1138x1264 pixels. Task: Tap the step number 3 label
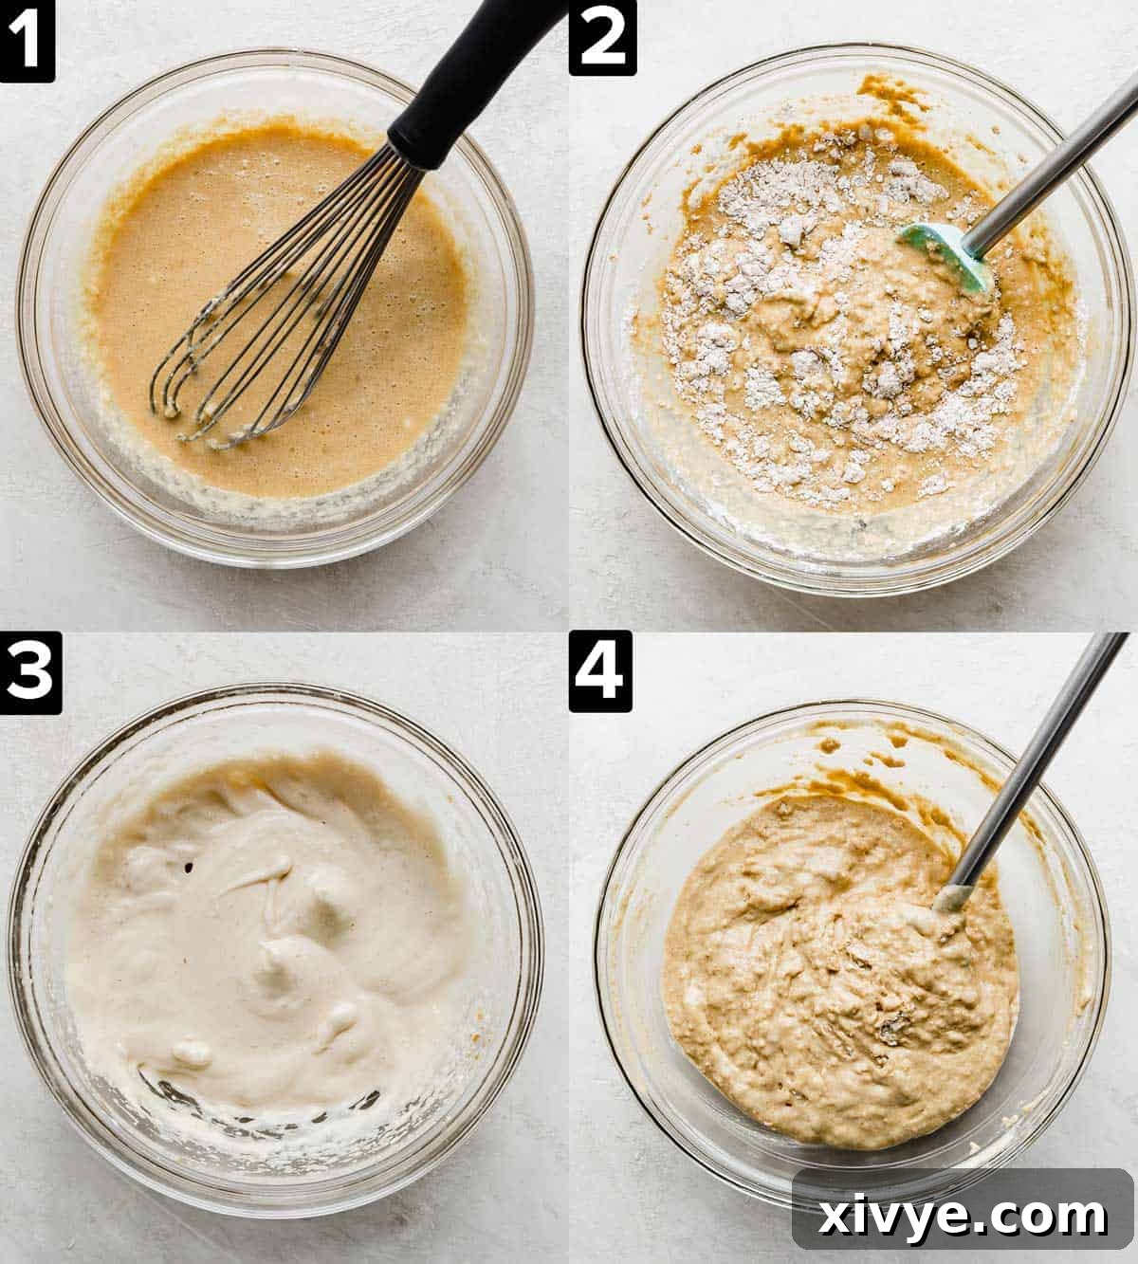(30, 673)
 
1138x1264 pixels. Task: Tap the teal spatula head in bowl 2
(948, 256)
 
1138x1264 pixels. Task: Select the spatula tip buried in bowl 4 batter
(953, 896)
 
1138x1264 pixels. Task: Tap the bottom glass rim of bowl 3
(275, 1181)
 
